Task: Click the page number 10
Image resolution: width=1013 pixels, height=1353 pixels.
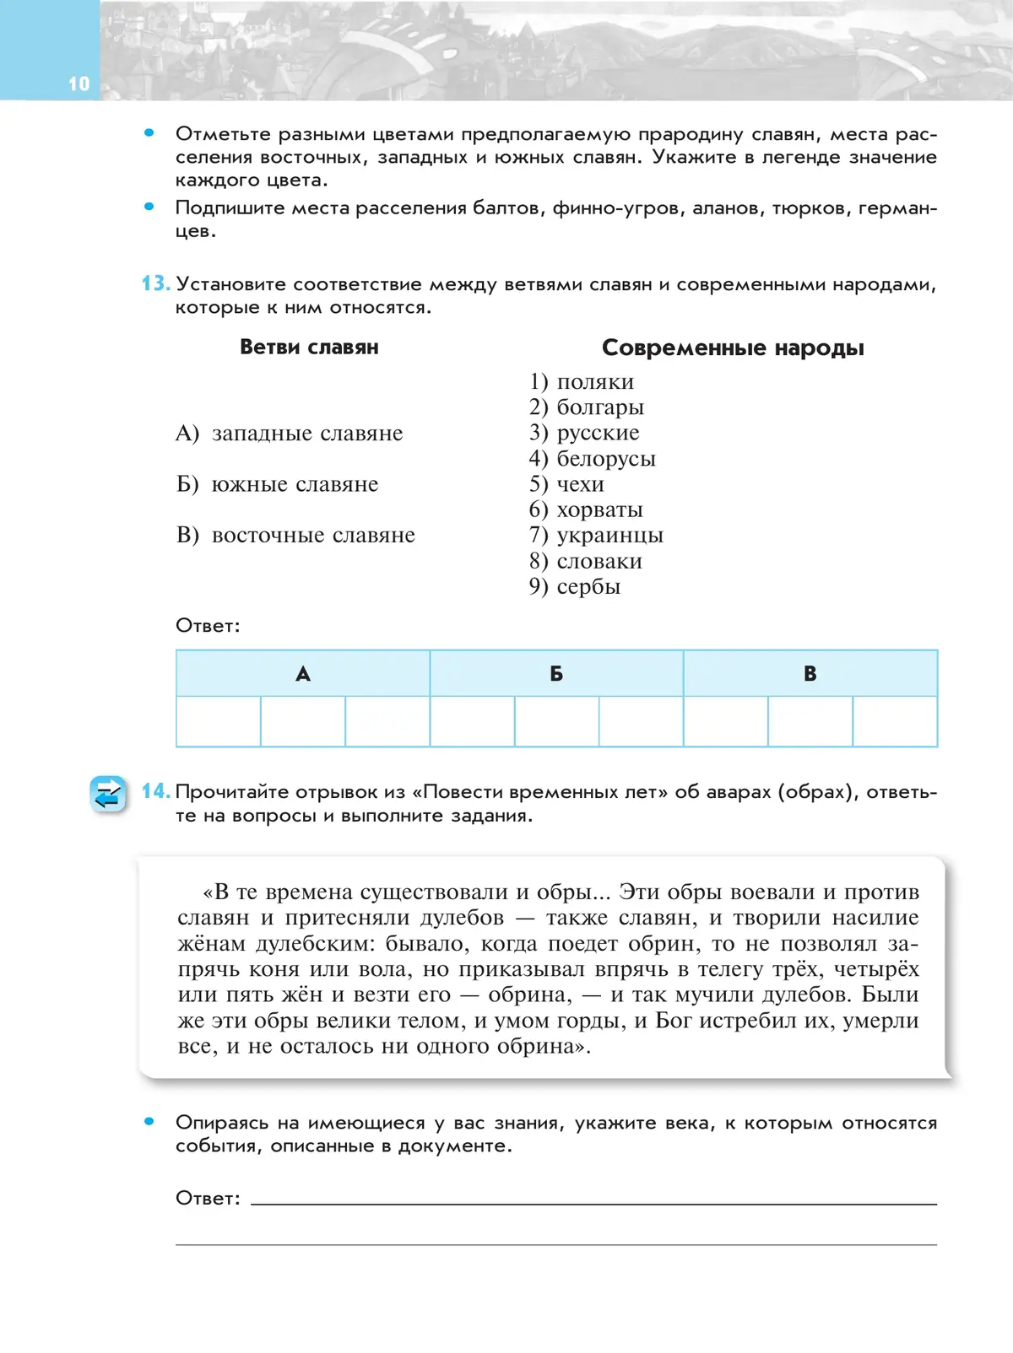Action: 79,84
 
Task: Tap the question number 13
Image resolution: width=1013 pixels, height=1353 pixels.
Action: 155,283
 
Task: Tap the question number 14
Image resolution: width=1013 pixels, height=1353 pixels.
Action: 155,791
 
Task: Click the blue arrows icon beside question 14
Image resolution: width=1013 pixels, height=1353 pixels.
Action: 108,795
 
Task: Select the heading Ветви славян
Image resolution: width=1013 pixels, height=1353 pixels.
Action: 309,348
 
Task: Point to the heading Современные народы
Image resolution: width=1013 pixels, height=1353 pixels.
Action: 733,348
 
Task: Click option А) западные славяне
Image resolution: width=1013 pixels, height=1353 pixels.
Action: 290,434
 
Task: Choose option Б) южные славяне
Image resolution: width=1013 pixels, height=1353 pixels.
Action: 277,484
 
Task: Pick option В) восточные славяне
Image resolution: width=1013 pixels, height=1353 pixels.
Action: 295,536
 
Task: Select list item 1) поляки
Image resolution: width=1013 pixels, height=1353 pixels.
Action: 582,382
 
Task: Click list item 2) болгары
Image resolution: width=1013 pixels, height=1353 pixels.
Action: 587,407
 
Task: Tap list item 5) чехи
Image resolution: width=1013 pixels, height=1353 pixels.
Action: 566,484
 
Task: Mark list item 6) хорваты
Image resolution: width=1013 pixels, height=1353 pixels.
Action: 586,509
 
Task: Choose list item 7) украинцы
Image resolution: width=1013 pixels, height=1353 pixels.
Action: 596,536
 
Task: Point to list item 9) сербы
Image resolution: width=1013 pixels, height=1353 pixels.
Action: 575,586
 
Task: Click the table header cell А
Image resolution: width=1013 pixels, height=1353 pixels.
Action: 303,673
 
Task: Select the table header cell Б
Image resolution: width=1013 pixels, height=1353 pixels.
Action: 556,673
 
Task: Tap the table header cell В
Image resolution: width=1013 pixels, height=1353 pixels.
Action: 810,673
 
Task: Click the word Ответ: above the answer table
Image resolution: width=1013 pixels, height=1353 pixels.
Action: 208,626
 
